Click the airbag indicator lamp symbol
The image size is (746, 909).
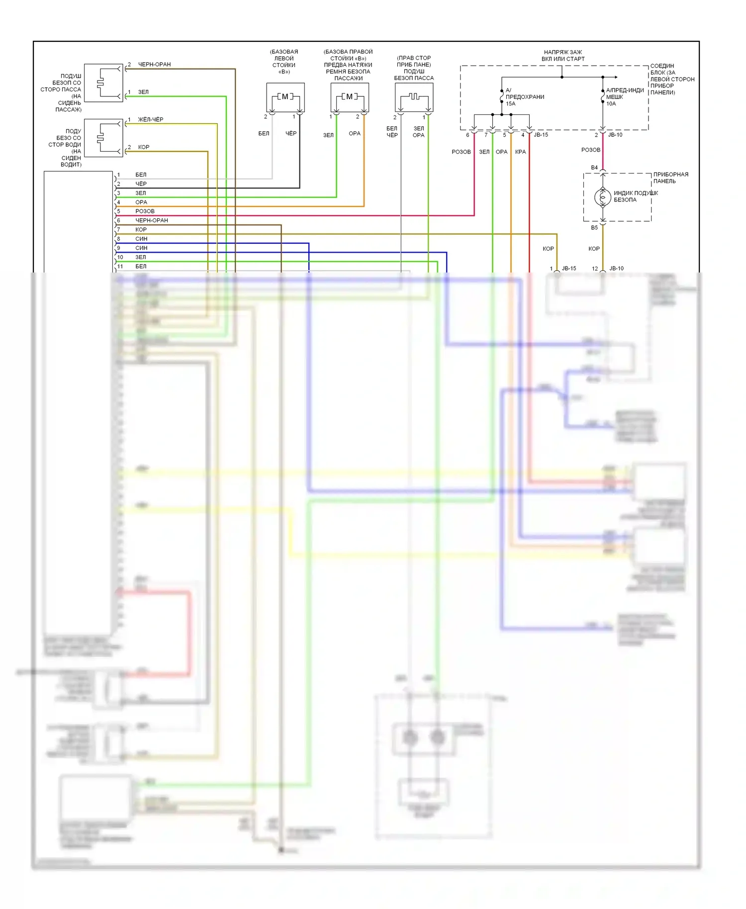pos(602,197)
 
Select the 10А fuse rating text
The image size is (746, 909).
pos(611,103)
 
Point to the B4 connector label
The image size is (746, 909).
pos(594,168)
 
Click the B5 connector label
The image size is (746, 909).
pos(594,228)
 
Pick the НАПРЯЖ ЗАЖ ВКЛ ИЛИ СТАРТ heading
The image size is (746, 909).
pos(562,55)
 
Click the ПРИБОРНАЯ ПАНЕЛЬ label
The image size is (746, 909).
pos(670,178)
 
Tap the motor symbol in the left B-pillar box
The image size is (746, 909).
pos(285,96)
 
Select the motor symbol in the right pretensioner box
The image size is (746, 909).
pos(349,96)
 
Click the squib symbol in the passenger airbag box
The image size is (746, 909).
pos(414,96)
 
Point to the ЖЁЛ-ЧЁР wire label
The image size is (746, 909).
pos(150,119)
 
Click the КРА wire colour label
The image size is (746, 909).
pos(520,152)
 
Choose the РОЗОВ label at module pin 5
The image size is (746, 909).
pos(145,211)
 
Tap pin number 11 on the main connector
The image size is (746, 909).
pos(120,267)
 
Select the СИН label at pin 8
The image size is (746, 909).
pos(141,239)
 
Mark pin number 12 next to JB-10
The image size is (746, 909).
pos(595,269)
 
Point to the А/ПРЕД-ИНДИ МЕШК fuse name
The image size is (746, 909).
pos(624,93)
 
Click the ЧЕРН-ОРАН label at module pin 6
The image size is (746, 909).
pos(151,220)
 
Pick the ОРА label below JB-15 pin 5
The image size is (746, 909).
pos(501,152)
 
